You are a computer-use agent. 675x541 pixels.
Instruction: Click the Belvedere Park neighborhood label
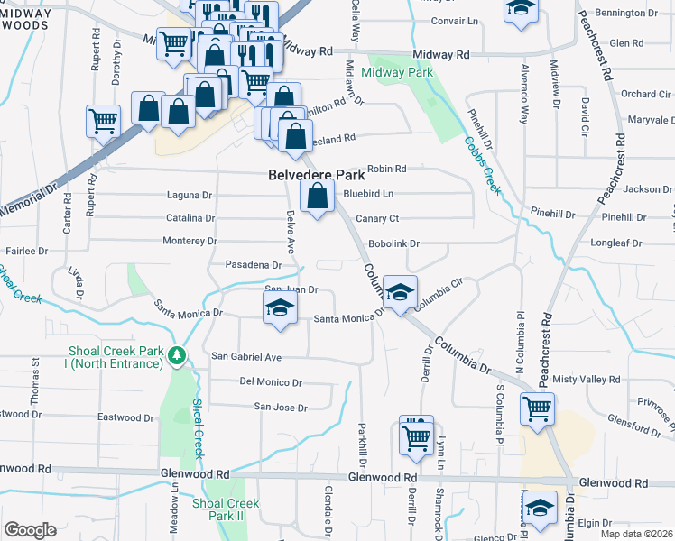[316, 175]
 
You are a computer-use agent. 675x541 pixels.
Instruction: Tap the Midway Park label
[397, 73]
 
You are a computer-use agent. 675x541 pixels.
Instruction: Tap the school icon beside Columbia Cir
[400, 291]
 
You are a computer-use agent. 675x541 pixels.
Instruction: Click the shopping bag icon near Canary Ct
[317, 195]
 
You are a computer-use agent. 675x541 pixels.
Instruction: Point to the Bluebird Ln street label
[368, 193]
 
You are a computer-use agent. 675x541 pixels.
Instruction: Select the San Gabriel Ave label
[246, 356]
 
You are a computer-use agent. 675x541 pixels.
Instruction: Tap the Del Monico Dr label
[271, 381]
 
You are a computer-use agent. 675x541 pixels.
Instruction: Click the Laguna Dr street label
[190, 195]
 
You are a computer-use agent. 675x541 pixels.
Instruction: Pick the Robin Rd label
[387, 169]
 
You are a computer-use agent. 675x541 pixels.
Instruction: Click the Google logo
[30, 530]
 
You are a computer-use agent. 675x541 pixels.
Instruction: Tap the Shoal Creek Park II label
[225, 509]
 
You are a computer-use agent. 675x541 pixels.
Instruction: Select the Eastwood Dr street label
[125, 417]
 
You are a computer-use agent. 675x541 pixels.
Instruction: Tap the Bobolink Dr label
[395, 243]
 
